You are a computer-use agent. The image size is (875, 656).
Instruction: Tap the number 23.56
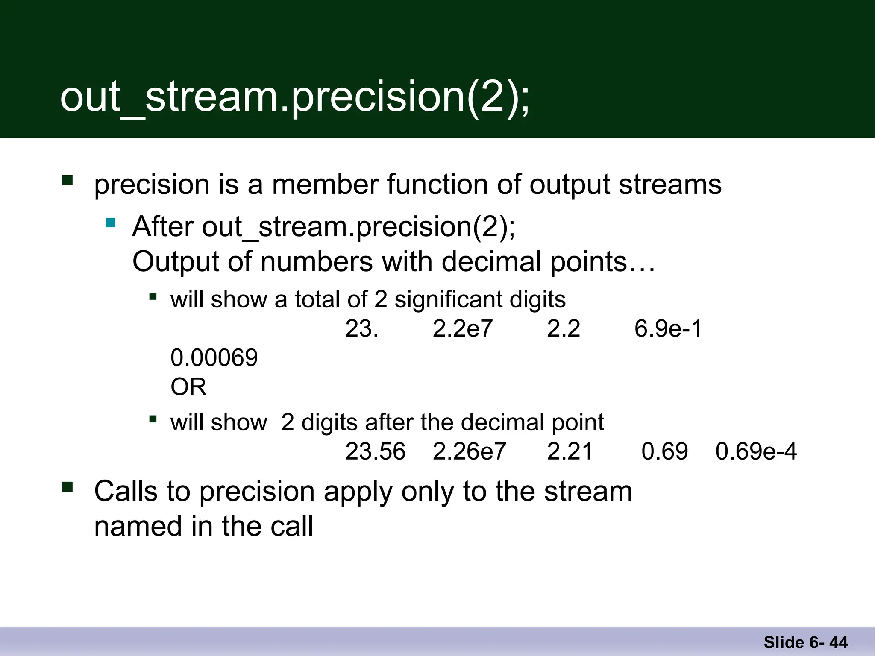coord(375,451)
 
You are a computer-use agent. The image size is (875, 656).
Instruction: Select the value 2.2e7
coord(462,329)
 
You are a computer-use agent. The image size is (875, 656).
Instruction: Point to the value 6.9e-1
coord(668,329)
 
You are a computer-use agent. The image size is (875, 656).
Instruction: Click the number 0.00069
coord(214,358)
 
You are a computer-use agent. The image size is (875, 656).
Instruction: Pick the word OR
coord(188,387)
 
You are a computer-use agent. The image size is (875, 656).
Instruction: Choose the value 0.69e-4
coord(756,451)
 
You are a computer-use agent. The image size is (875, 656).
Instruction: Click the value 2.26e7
coord(469,451)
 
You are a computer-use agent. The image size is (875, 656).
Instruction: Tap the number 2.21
coord(570,451)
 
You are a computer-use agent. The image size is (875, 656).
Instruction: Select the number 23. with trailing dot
coord(361,329)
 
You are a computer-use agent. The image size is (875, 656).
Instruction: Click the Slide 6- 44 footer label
coord(805,642)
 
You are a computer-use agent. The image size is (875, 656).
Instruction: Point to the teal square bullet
coord(111,223)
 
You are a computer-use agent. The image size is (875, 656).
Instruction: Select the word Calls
coord(126,491)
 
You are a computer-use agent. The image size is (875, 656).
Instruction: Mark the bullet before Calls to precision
coord(68,487)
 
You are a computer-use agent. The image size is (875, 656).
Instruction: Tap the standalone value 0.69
coord(664,451)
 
